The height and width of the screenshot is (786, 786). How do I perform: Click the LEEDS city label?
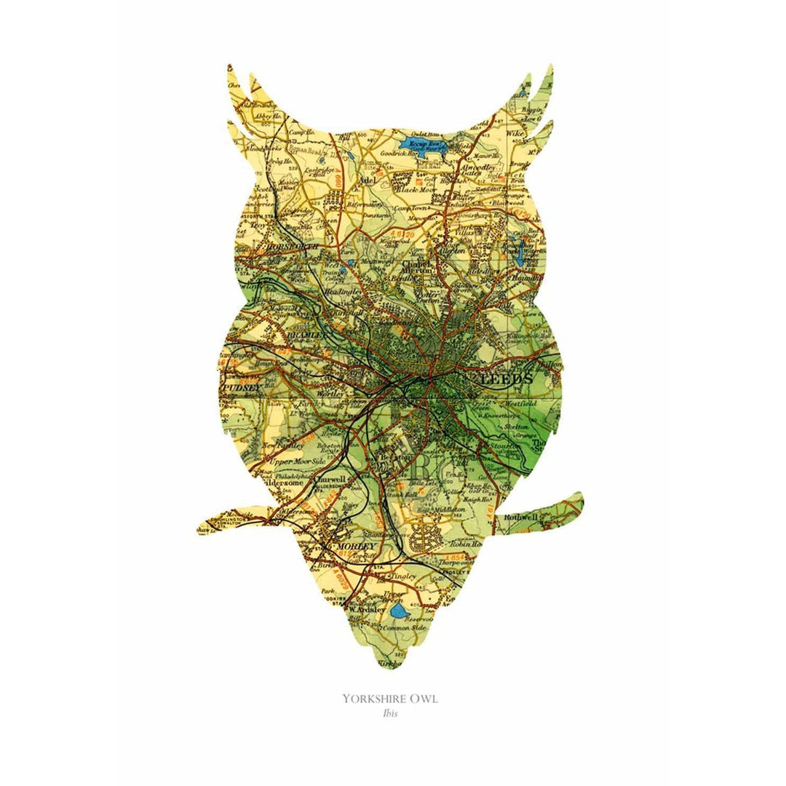tap(508, 380)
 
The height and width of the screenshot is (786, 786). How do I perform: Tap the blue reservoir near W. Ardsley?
tap(398, 610)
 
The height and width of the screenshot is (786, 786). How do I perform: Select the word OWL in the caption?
tap(426, 699)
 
